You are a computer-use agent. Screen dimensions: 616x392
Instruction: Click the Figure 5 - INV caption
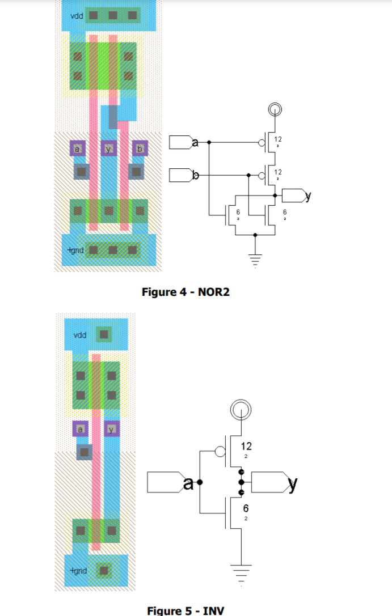[x=186, y=610]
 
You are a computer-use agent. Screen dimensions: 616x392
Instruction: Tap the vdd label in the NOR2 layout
[x=77, y=15]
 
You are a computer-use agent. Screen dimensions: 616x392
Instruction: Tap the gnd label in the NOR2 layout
[x=75, y=249]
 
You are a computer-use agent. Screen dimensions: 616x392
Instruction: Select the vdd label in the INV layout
[x=80, y=335]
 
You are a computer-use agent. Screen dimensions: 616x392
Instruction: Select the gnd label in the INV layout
[x=78, y=570]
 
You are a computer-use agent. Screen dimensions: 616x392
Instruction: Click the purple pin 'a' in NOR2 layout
[x=77, y=148]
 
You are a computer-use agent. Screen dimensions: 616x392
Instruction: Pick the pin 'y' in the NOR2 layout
[x=108, y=148]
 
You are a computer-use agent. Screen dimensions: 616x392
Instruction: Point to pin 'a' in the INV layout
[x=81, y=430]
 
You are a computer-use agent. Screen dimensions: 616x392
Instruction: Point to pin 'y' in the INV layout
[x=112, y=430]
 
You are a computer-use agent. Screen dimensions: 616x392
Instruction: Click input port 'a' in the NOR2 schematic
[x=183, y=142]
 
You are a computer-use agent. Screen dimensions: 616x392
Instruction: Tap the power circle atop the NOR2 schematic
[x=275, y=109]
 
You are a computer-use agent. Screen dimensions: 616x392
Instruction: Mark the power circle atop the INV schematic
[x=241, y=408]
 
